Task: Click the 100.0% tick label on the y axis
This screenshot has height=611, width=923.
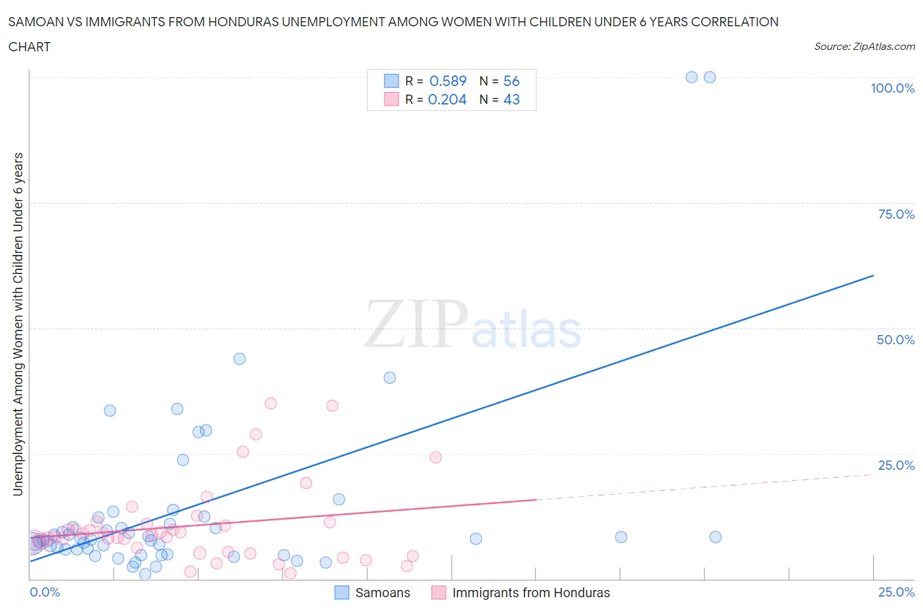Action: pyautogui.click(x=892, y=89)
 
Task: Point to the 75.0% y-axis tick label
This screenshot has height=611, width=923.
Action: pyautogui.click(x=896, y=214)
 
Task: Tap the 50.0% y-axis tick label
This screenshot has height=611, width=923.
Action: pyautogui.click(x=895, y=340)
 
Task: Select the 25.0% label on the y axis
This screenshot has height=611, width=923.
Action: pyautogui.click(x=896, y=465)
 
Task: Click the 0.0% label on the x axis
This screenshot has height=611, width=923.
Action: pyautogui.click(x=45, y=592)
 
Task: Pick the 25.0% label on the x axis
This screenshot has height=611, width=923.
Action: pyautogui.click(x=896, y=592)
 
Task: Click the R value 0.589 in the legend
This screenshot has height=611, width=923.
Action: pyautogui.click(x=448, y=81)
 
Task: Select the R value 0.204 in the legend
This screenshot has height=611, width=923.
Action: pyautogui.click(x=447, y=99)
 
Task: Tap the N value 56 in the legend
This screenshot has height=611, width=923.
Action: pyautogui.click(x=511, y=81)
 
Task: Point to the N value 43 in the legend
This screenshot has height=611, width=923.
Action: pyautogui.click(x=511, y=99)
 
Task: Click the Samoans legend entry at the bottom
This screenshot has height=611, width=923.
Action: pyautogui.click(x=382, y=593)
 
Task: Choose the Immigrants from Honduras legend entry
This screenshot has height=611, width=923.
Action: pyautogui.click(x=530, y=593)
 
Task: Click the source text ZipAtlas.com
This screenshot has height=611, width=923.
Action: pyautogui.click(x=864, y=47)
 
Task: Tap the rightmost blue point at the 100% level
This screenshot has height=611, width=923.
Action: pyautogui.click(x=710, y=77)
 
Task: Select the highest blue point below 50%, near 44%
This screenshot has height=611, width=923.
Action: pyautogui.click(x=240, y=359)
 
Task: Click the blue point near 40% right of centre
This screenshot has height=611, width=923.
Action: pyautogui.click(x=390, y=378)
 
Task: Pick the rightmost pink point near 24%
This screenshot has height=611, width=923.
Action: pyautogui.click(x=436, y=457)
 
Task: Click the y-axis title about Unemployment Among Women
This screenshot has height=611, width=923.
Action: pyautogui.click(x=18, y=324)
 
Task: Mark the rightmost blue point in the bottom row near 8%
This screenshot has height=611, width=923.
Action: pyautogui.click(x=716, y=537)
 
